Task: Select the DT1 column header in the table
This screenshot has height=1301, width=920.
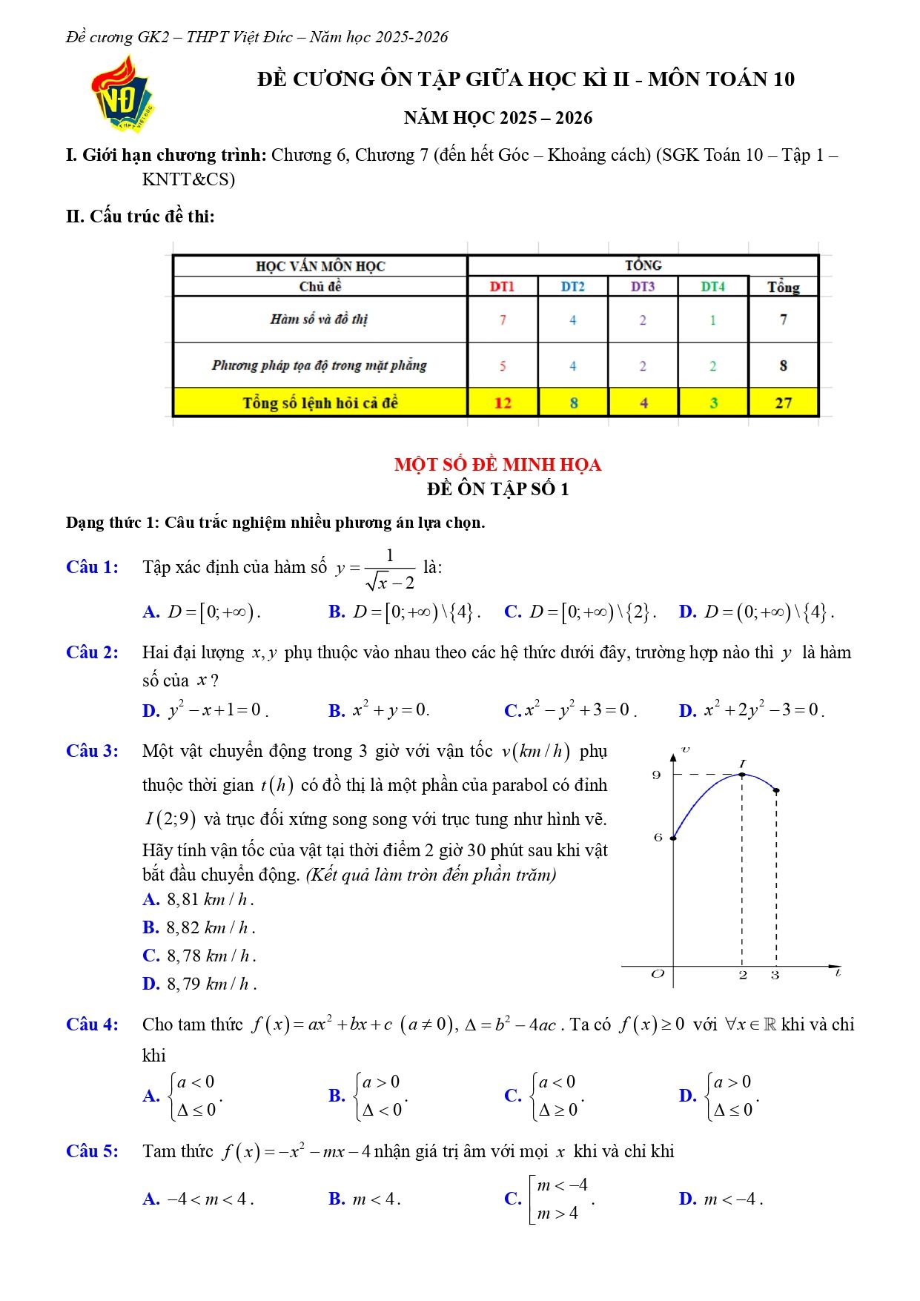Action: (x=502, y=287)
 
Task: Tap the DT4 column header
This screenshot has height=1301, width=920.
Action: (x=712, y=287)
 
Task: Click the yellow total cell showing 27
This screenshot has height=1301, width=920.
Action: (x=783, y=403)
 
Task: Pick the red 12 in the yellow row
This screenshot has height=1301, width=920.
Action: (x=503, y=403)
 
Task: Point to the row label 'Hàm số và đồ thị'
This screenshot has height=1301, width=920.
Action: (x=319, y=320)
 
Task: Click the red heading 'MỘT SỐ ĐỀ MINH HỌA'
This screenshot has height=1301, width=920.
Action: (x=497, y=465)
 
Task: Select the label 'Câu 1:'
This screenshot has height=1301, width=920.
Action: (x=92, y=568)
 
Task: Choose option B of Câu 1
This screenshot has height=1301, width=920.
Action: (x=404, y=612)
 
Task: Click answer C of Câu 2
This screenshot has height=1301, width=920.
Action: (x=569, y=710)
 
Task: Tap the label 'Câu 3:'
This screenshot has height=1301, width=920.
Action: (x=92, y=751)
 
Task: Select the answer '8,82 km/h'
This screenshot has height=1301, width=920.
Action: (x=199, y=927)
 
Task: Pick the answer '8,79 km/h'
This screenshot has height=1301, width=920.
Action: (x=199, y=984)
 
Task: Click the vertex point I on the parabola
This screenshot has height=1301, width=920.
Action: (x=743, y=775)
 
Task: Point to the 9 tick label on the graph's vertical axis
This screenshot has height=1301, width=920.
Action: (x=656, y=775)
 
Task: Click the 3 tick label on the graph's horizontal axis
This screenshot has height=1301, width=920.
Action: (x=775, y=976)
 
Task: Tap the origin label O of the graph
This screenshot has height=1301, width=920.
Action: (x=658, y=974)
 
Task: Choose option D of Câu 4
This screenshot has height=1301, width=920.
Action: (x=719, y=1096)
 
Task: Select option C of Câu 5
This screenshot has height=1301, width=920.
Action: (x=549, y=1199)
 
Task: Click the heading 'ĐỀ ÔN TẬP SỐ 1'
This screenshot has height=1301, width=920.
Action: (x=497, y=489)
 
